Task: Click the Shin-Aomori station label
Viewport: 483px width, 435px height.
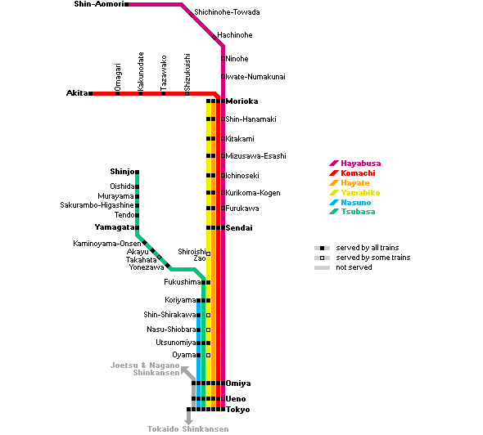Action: click(x=99, y=4)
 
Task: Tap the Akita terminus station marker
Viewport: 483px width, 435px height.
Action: click(x=91, y=93)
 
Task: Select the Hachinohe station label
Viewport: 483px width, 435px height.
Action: click(x=235, y=35)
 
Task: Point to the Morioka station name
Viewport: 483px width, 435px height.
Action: click(x=241, y=101)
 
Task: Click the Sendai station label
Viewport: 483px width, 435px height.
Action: click(x=239, y=228)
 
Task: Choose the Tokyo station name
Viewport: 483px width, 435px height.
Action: click(x=237, y=410)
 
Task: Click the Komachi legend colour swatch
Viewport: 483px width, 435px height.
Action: click(x=334, y=173)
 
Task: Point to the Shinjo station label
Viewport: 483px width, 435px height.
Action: click(x=122, y=172)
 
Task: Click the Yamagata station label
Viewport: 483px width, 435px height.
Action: click(x=115, y=227)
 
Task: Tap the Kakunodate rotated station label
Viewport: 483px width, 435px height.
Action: click(x=141, y=71)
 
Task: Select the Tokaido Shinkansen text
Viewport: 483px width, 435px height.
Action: click(x=188, y=428)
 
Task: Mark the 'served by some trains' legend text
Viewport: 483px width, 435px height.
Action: click(x=373, y=258)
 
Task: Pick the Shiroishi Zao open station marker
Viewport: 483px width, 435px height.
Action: click(x=209, y=253)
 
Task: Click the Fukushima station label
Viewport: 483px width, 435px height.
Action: click(x=183, y=282)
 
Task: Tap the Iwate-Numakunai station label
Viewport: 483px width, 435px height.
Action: click(x=255, y=77)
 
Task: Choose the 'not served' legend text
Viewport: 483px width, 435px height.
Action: click(x=354, y=267)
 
